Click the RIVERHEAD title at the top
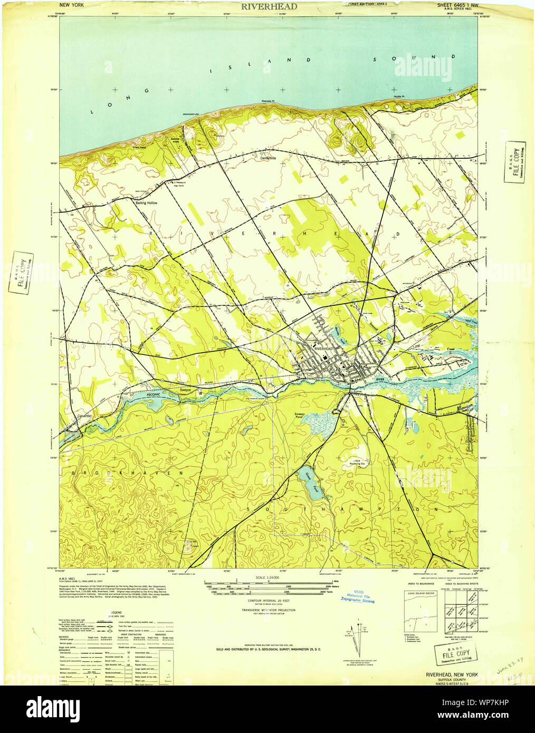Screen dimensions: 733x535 [x=269, y=7]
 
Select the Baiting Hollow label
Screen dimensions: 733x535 [x=146, y=202]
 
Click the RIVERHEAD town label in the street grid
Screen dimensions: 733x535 [x=323, y=349]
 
